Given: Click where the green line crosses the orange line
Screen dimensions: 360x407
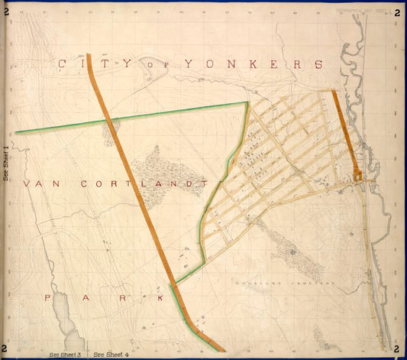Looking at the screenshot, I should coord(107,120).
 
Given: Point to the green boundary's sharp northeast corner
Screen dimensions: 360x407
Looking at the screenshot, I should coord(247,102).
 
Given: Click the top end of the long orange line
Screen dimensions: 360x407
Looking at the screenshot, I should coord(89,55).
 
